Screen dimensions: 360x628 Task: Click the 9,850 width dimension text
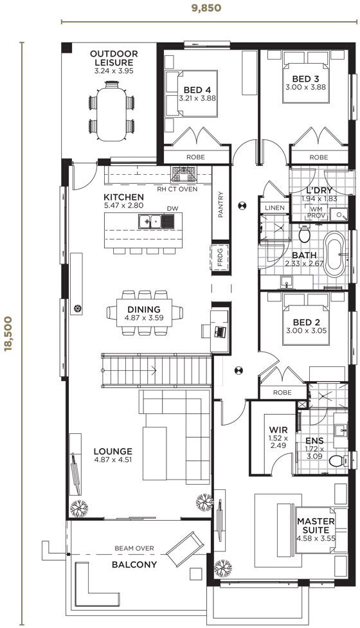[206, 8]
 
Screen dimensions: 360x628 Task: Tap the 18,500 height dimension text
[8, 334]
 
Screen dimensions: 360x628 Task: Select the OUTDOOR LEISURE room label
[114, 58]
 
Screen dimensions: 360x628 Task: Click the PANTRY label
[221, 204]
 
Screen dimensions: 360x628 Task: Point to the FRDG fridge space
[221, 256]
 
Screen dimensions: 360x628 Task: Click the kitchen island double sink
[150, 221]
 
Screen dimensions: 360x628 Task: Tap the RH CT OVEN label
[177, 188]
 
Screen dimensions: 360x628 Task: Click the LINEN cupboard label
[274, 208]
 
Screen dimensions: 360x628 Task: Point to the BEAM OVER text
[134, 548]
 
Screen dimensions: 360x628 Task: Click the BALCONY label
[134, 565]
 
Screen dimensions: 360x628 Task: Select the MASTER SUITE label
[316, 525]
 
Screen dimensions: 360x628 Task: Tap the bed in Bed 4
[192, 94]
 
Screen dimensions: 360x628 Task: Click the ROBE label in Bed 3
[319, 157]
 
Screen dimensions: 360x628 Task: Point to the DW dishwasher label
[172, 209]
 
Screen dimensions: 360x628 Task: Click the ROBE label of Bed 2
[282, 393]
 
